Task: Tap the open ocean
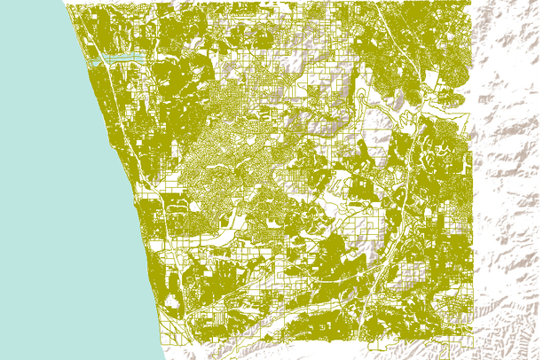tap(44, 177)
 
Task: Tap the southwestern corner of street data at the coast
tap(165, 341)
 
